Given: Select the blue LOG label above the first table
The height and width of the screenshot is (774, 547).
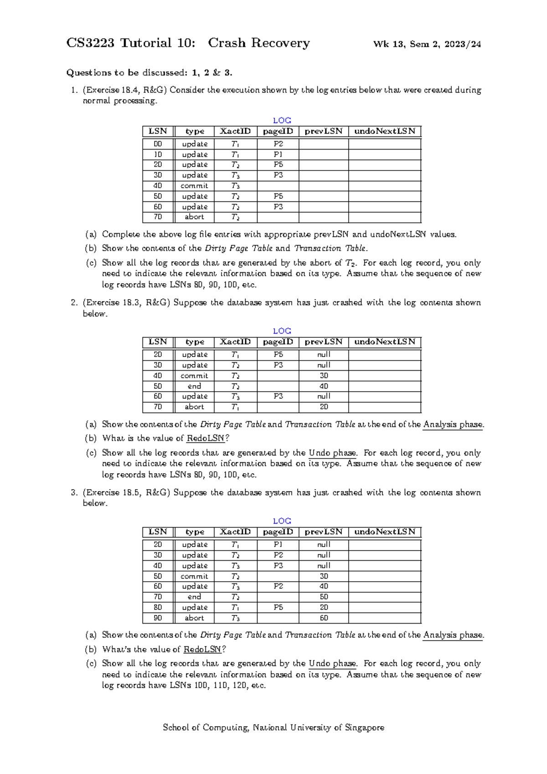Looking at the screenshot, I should tap(282, 120).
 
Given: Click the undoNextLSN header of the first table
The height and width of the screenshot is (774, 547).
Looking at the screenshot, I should tap(385, 131).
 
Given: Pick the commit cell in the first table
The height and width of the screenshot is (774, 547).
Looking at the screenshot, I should tap(194, 186).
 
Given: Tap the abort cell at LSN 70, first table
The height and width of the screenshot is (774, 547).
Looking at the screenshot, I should tap(194, 217).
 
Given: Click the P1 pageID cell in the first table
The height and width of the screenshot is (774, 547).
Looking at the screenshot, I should tap(278, 155).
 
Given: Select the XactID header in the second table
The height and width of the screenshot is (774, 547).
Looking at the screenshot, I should tap(235, 342).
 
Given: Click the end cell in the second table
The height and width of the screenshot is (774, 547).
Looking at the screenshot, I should tap(194, 386).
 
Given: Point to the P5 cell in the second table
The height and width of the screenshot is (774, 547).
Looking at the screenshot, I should tap(278, 355).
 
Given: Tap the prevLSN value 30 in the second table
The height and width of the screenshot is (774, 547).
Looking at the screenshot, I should tap(324, 376).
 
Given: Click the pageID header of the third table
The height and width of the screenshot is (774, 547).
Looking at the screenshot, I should tap(278, 532).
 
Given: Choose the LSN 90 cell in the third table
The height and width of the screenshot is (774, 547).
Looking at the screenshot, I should tap(158, 618).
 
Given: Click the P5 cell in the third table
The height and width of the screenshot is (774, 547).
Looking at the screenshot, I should tap(278, 608).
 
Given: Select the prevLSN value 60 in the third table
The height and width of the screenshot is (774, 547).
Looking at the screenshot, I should tap(324, 618).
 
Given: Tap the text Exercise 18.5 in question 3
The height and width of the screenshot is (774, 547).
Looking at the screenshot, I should tap(108, 493).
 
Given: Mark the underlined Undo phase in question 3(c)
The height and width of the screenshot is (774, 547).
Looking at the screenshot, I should tap(333, 664).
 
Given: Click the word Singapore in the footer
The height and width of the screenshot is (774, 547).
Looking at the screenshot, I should tap(364, 728).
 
